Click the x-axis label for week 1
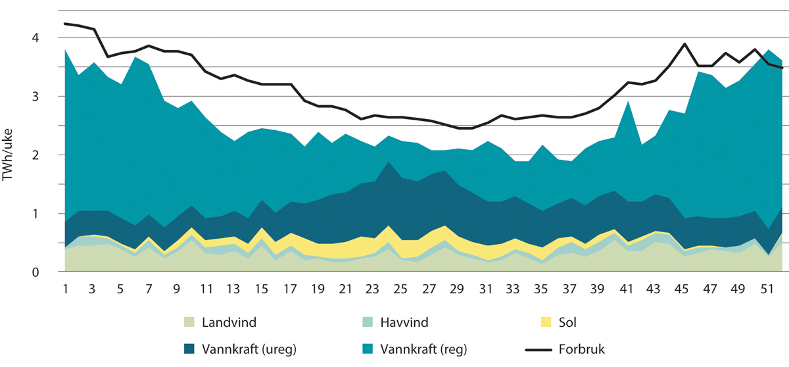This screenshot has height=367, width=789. pyautogui.click(x=65, y=289)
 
